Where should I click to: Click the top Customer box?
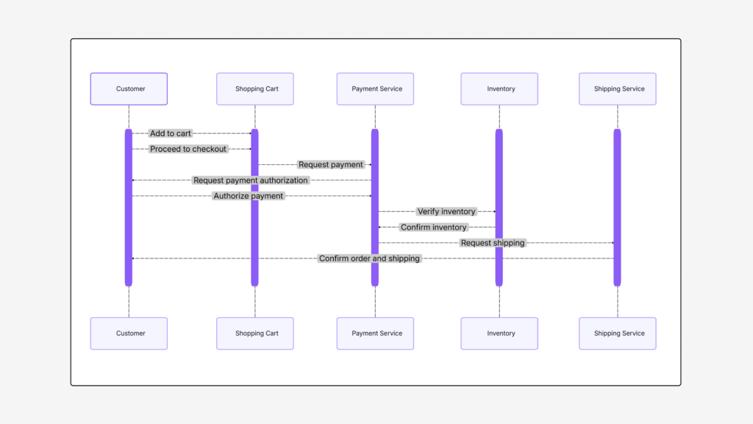(129, 89)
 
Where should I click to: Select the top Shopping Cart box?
(255, 89)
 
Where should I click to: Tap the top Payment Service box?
(375, 89)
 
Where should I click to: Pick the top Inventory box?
(499, 89)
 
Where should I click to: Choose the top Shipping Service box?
(618, 89)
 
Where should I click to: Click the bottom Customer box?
(129, 333)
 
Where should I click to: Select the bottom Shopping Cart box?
(255, 333)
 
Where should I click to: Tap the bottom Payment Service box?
(375, 333)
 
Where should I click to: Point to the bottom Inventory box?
(499, 333)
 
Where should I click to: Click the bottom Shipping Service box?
(618, 333)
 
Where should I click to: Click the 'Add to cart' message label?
(171, 133)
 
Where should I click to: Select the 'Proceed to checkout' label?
(189, 149)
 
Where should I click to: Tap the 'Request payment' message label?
(331, 165)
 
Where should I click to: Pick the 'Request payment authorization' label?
(251, 180)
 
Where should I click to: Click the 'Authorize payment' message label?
(249, 196)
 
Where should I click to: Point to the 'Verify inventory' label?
(446, 212)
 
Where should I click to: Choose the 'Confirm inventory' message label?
(434, 227)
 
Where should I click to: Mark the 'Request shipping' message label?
(493, 243)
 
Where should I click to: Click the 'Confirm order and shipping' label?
(369, 258)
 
